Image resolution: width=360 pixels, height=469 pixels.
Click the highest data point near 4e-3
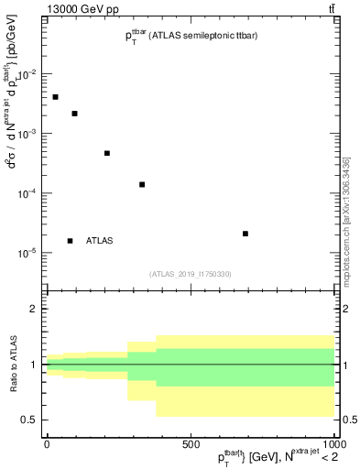click(55, 97)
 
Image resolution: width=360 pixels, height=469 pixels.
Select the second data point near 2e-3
click(74, 114)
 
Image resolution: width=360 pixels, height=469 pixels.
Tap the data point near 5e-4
click(107, 153)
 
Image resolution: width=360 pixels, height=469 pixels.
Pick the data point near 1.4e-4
click(142, 184)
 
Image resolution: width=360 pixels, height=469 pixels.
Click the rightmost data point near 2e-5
click(245, 234)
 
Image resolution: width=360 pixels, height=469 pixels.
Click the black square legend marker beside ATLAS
click(70, 241)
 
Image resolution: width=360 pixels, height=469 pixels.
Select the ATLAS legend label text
click(100, 241)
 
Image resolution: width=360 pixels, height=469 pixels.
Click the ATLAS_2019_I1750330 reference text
click(191, 274)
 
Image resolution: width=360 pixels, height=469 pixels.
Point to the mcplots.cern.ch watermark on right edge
click(345, 220)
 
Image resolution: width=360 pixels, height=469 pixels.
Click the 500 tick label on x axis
click(191, 444)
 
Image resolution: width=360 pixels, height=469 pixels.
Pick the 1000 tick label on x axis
click(333, 444)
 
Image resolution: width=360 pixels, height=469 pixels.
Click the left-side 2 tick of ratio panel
click(35, 310)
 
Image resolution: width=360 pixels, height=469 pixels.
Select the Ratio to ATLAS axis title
click(12, 364)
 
